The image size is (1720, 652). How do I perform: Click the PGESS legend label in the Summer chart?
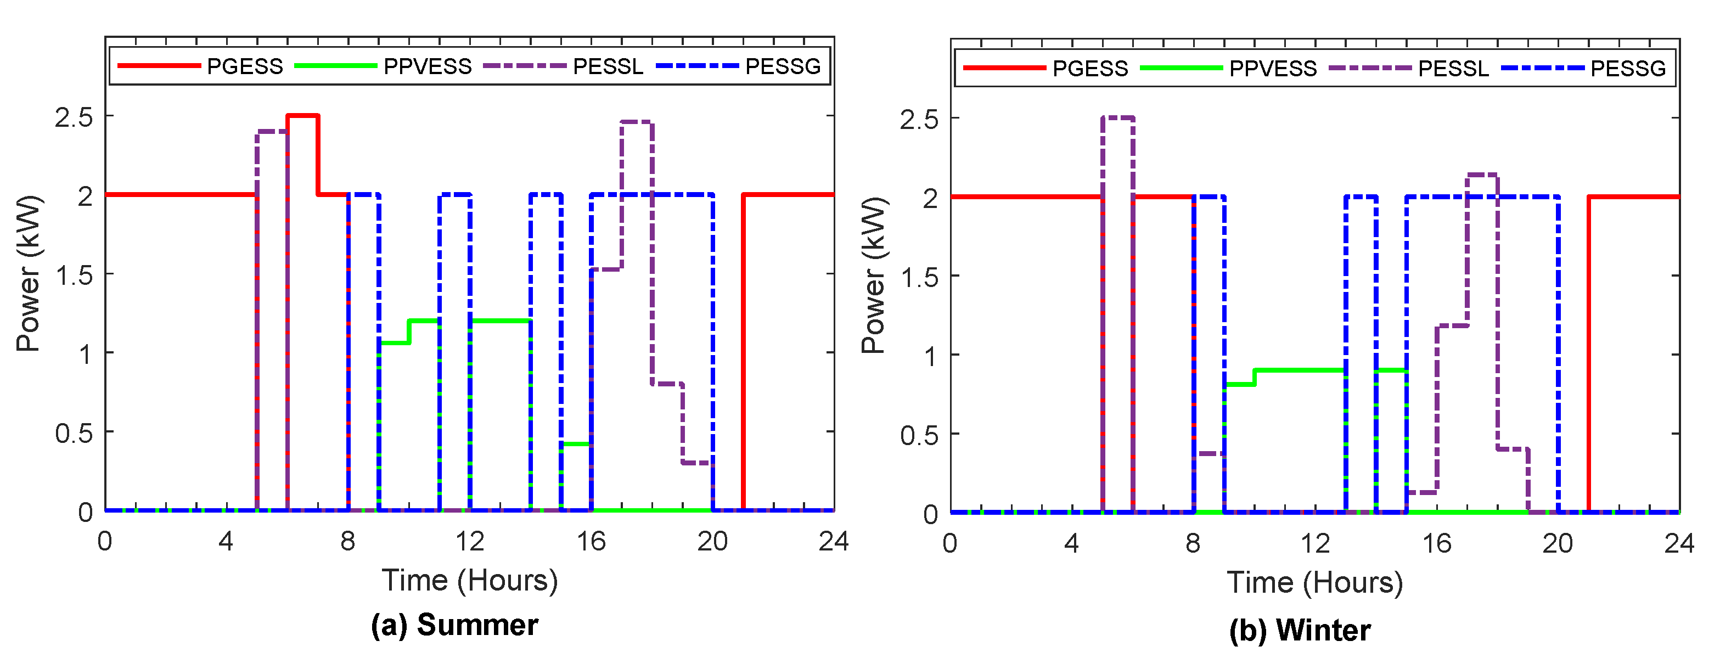pos(244,66)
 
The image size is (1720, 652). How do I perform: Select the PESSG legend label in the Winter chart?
pos(1628,68)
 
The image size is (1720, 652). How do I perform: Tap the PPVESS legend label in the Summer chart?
pos(428,66)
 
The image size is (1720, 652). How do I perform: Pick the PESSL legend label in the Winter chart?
pos(1454,68)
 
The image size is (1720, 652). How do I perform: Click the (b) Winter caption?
pos(1300,630)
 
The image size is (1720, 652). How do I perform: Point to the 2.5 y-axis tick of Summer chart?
pos(74,117)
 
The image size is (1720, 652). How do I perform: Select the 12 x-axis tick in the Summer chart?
pos(469,541)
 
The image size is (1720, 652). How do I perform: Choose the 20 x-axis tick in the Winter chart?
pos(1558,544)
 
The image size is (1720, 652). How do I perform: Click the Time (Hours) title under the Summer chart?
pos(469,580)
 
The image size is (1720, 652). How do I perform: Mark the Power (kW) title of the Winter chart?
pos(873,275)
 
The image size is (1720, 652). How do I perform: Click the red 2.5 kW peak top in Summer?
pos(302,116)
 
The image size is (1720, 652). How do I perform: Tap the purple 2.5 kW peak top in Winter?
pos(1118,117)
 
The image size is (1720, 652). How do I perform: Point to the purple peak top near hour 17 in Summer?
pos(636,122)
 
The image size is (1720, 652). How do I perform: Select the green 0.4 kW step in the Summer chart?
pos(576,443)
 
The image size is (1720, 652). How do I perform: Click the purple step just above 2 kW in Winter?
pos(1482,175)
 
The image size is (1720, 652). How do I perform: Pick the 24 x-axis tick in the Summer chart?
pos(833,541)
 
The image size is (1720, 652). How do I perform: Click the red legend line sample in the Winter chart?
pos(1004,68)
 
